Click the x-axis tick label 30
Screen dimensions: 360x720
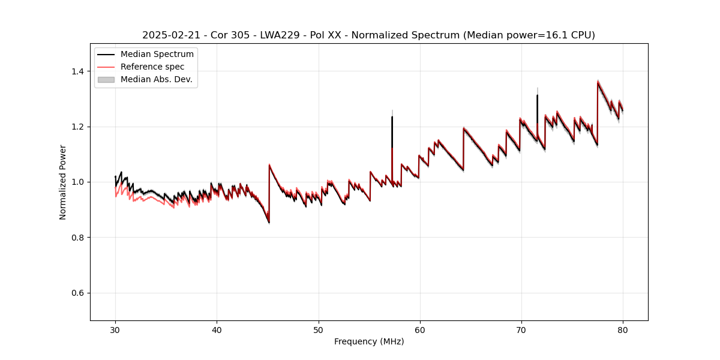coord(115,329)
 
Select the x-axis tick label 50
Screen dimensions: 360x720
coord(318,329)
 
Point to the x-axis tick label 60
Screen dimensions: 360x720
coord(419,329)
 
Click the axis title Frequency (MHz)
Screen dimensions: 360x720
coord(369,341)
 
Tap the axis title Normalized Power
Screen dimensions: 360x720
coord(63,182)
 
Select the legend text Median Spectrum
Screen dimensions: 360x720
coord(157,55)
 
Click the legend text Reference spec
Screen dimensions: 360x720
coord(152,67)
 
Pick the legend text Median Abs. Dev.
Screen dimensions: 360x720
coord(157,79)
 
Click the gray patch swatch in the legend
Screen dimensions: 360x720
coord(106,79)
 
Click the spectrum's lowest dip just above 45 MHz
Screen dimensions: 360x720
coord(269,223)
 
